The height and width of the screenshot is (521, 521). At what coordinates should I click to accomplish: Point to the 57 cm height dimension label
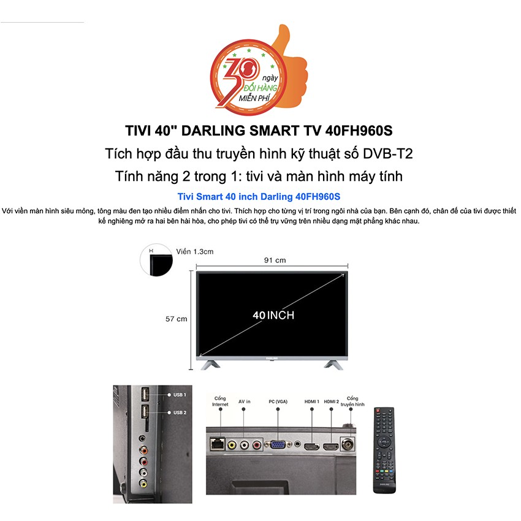(x=176, y=319)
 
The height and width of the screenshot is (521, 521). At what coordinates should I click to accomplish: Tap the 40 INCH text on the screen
(x=273, y=315)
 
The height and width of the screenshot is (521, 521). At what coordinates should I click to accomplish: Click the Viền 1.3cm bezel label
(x=194, y=251)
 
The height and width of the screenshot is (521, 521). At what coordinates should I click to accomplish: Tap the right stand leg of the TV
(x=336, y=363)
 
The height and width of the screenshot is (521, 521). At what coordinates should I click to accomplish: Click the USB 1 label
(x=179, y=395)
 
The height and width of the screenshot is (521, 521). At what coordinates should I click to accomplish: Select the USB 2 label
(x=179, y=413)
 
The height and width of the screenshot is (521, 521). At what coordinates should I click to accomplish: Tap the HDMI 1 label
(x=312, y=402)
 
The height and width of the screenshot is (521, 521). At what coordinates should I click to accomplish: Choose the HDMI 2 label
(x=332, y=402)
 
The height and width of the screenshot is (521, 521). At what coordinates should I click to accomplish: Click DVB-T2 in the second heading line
(x=391, y=154)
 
